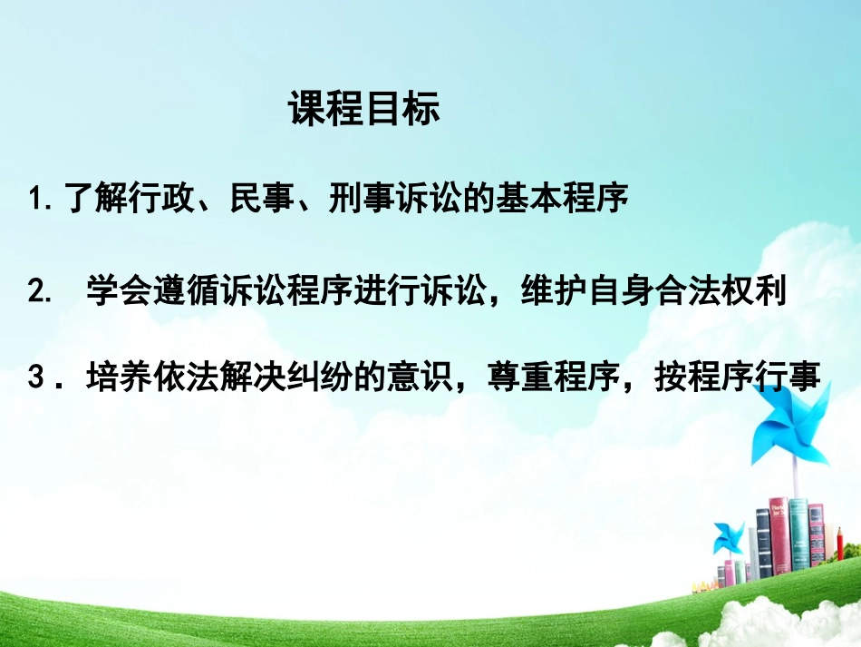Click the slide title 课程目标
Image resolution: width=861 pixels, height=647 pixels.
pyautogui.click(x=364, y=110)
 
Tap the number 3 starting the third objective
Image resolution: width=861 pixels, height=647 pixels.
pyautogui.click(x=36, y=376)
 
